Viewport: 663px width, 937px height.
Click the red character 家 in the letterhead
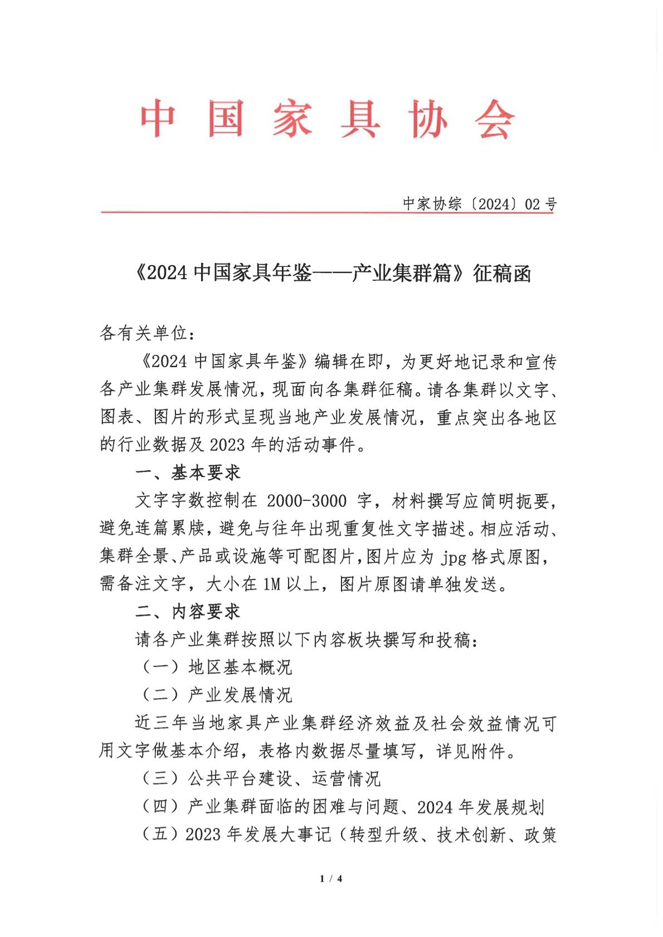(x=292, y=119)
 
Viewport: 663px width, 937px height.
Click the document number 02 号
(x=540, y=204)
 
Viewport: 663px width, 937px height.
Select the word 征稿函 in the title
(x=502, y=274)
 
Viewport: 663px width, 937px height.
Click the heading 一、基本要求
(x=188, y=473)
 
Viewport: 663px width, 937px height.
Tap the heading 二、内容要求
(x=188, y=612)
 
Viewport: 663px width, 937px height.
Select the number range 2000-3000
(x=307, y=501)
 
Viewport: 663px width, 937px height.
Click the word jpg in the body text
(x=454, y=557)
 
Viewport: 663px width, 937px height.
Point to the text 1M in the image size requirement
(x=271, y=584)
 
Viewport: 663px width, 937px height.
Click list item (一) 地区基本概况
(x=217, y=667)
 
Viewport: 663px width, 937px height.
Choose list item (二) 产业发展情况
(x=217, y=695)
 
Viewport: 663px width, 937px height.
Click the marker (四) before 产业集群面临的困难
(x=160, y=806)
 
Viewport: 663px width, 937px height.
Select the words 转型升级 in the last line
(x=384, y=834)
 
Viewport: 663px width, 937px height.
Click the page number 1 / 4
(x=331, y=879)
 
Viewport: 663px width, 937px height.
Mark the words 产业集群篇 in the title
(x=401, y=274)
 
